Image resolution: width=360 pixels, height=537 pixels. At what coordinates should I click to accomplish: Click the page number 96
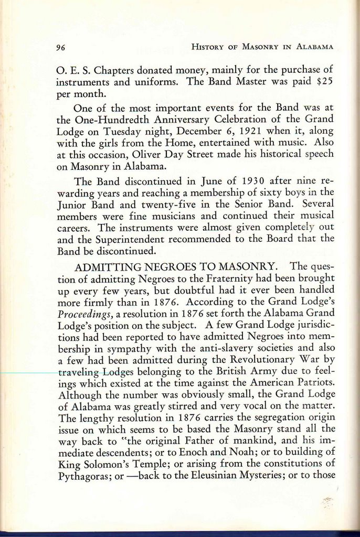pyautogui.click(x=60, y=47)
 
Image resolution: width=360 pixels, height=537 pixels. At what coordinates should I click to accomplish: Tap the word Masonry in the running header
pyautogui.click(x=260, y=47)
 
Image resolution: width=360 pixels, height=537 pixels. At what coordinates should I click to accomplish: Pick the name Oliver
pyautogui.click(x=148, y=154)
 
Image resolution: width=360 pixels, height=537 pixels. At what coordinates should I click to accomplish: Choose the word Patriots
pyautogui.click(x=313, y=383)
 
